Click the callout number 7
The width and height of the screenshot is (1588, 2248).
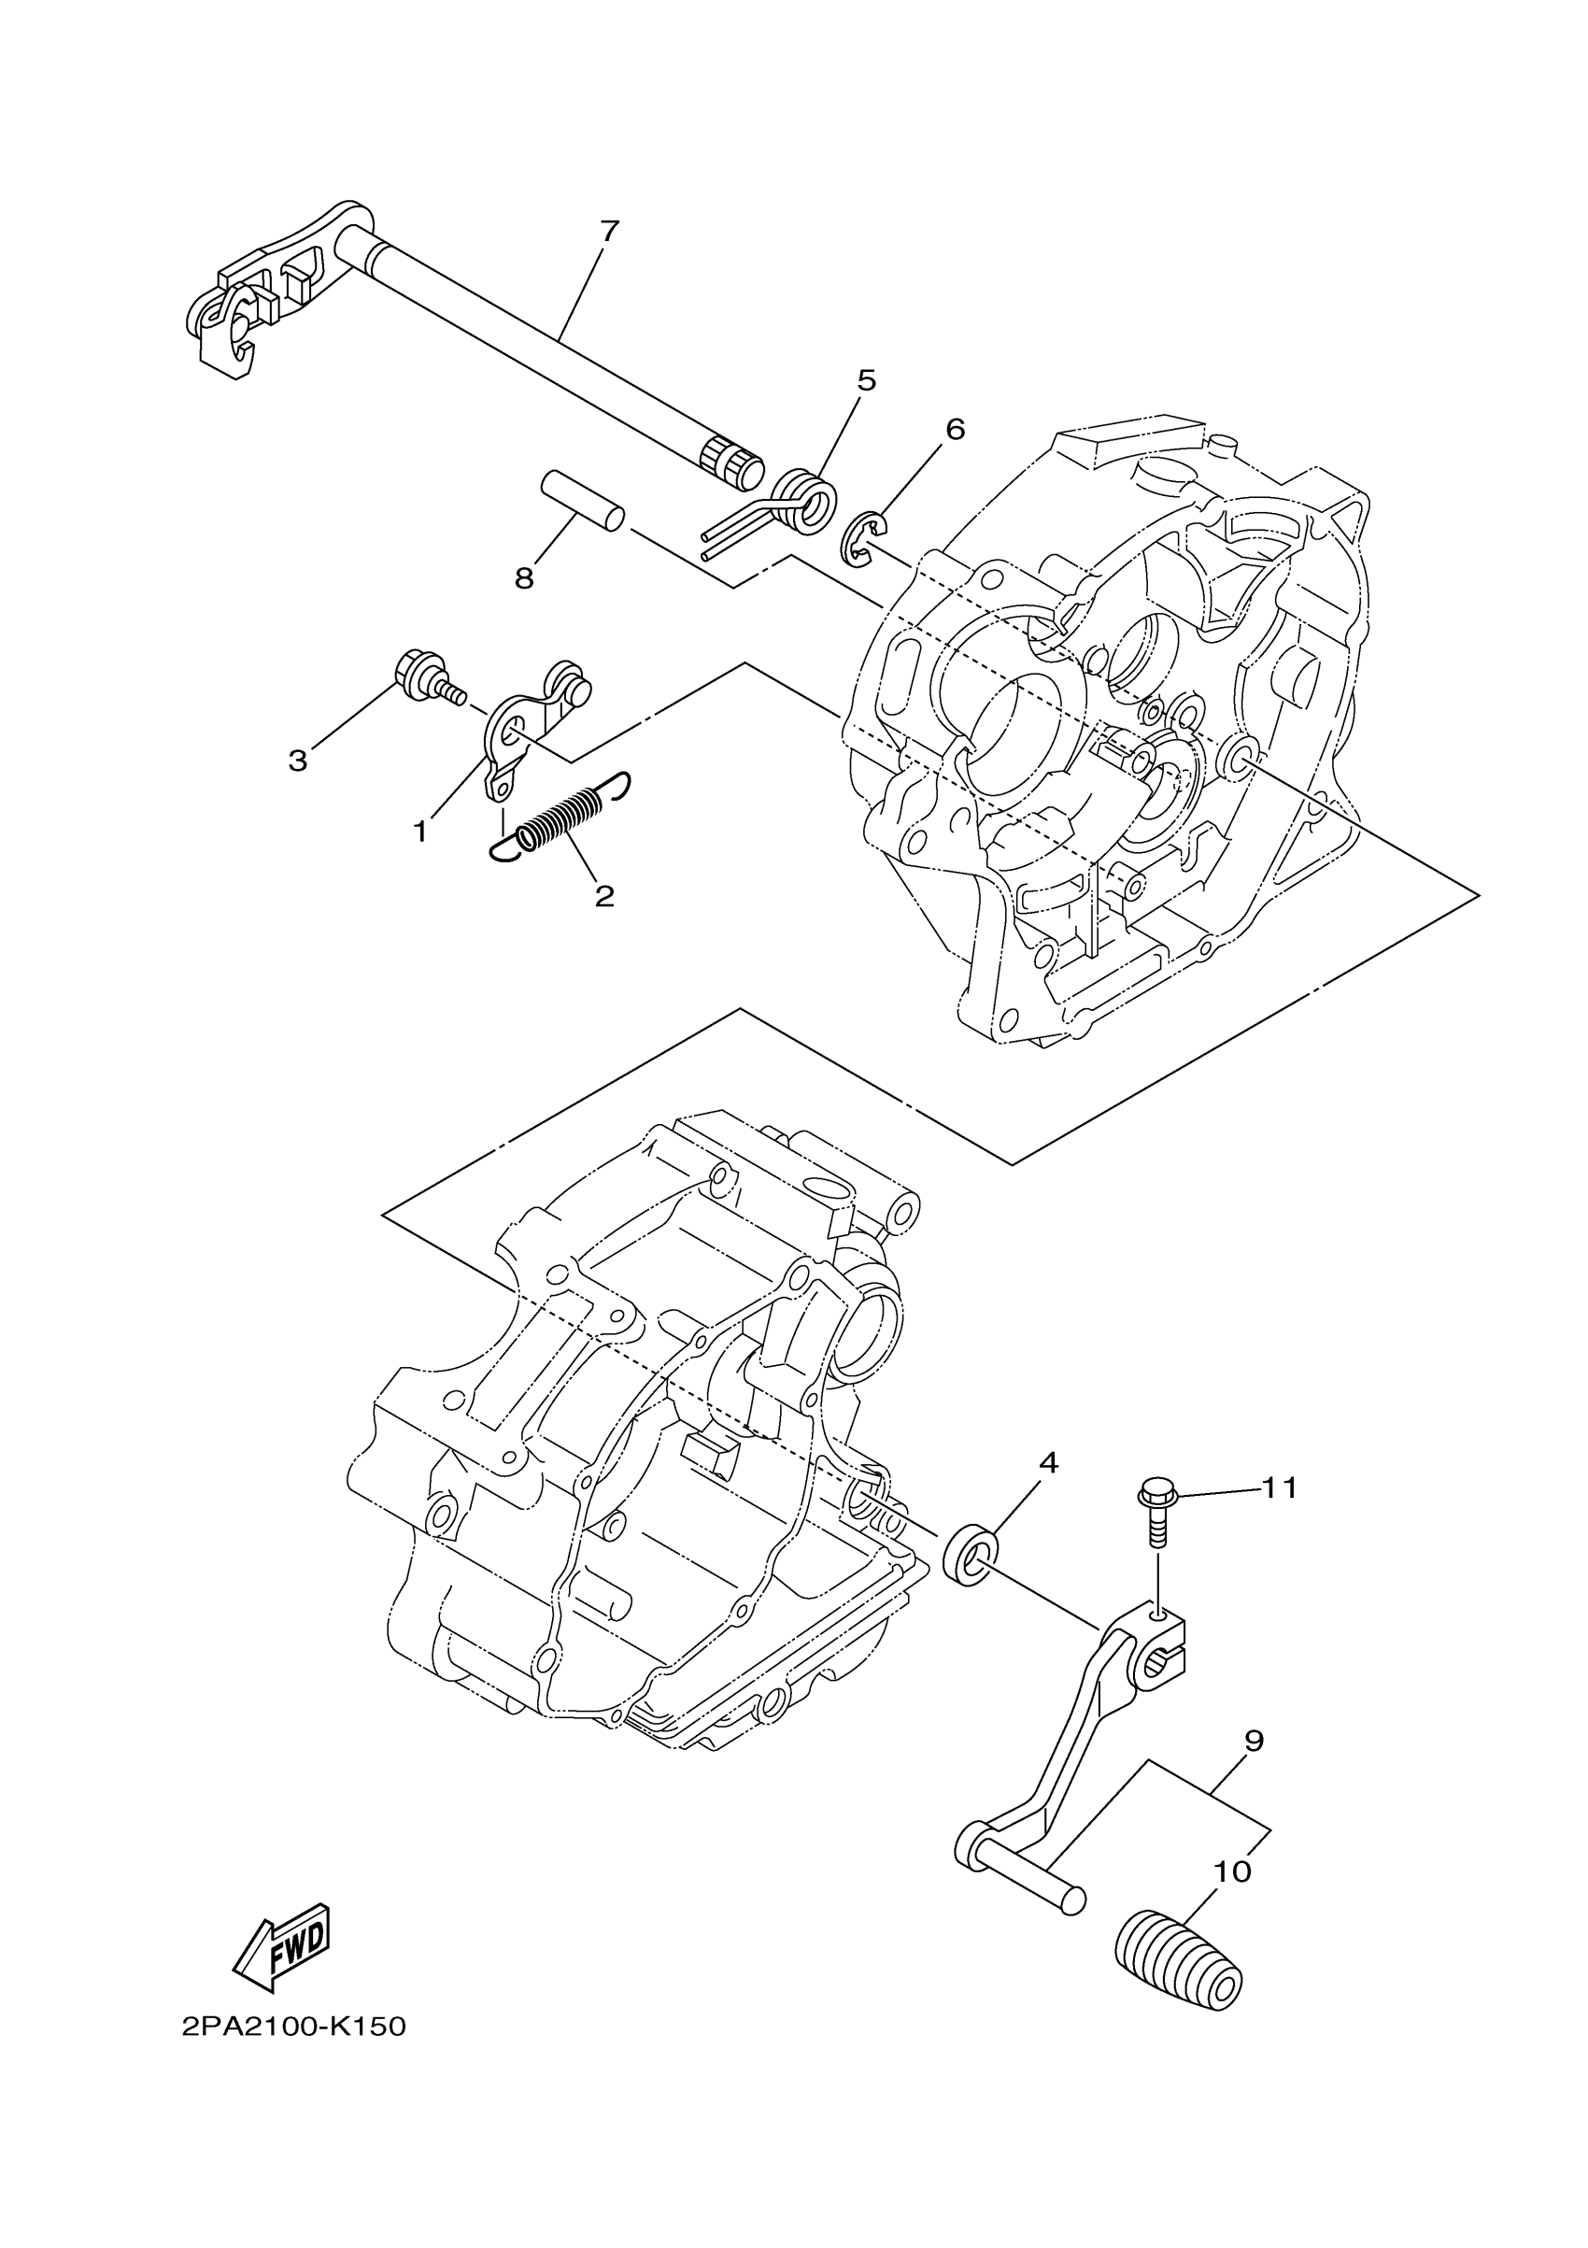tap(609, 232)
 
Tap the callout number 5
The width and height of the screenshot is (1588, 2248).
tap(867, 380)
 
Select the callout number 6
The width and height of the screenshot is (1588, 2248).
tap(955, 429)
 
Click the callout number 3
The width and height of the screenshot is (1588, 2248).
tap(298, 761)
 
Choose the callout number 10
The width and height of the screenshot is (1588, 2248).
tap(1233, 1872)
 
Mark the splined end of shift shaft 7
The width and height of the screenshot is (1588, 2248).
tap(730, 461)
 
